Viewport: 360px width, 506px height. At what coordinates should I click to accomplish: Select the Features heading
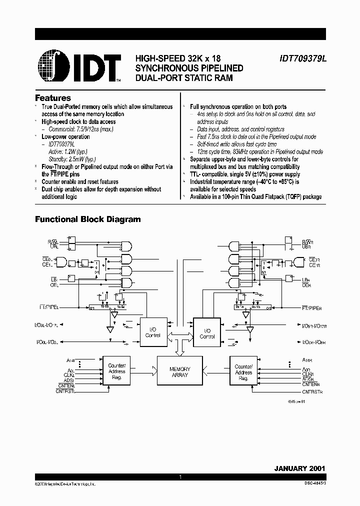click(53, 98)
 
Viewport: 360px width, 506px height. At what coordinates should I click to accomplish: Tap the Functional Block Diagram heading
click(87, 219)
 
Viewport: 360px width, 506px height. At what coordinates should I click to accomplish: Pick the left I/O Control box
click(153, 332)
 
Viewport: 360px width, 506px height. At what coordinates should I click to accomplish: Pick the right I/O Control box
click(207, 333)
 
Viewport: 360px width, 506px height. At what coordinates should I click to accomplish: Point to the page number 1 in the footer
click(179, 478)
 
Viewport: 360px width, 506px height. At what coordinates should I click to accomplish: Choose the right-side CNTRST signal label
click(312, 392)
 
